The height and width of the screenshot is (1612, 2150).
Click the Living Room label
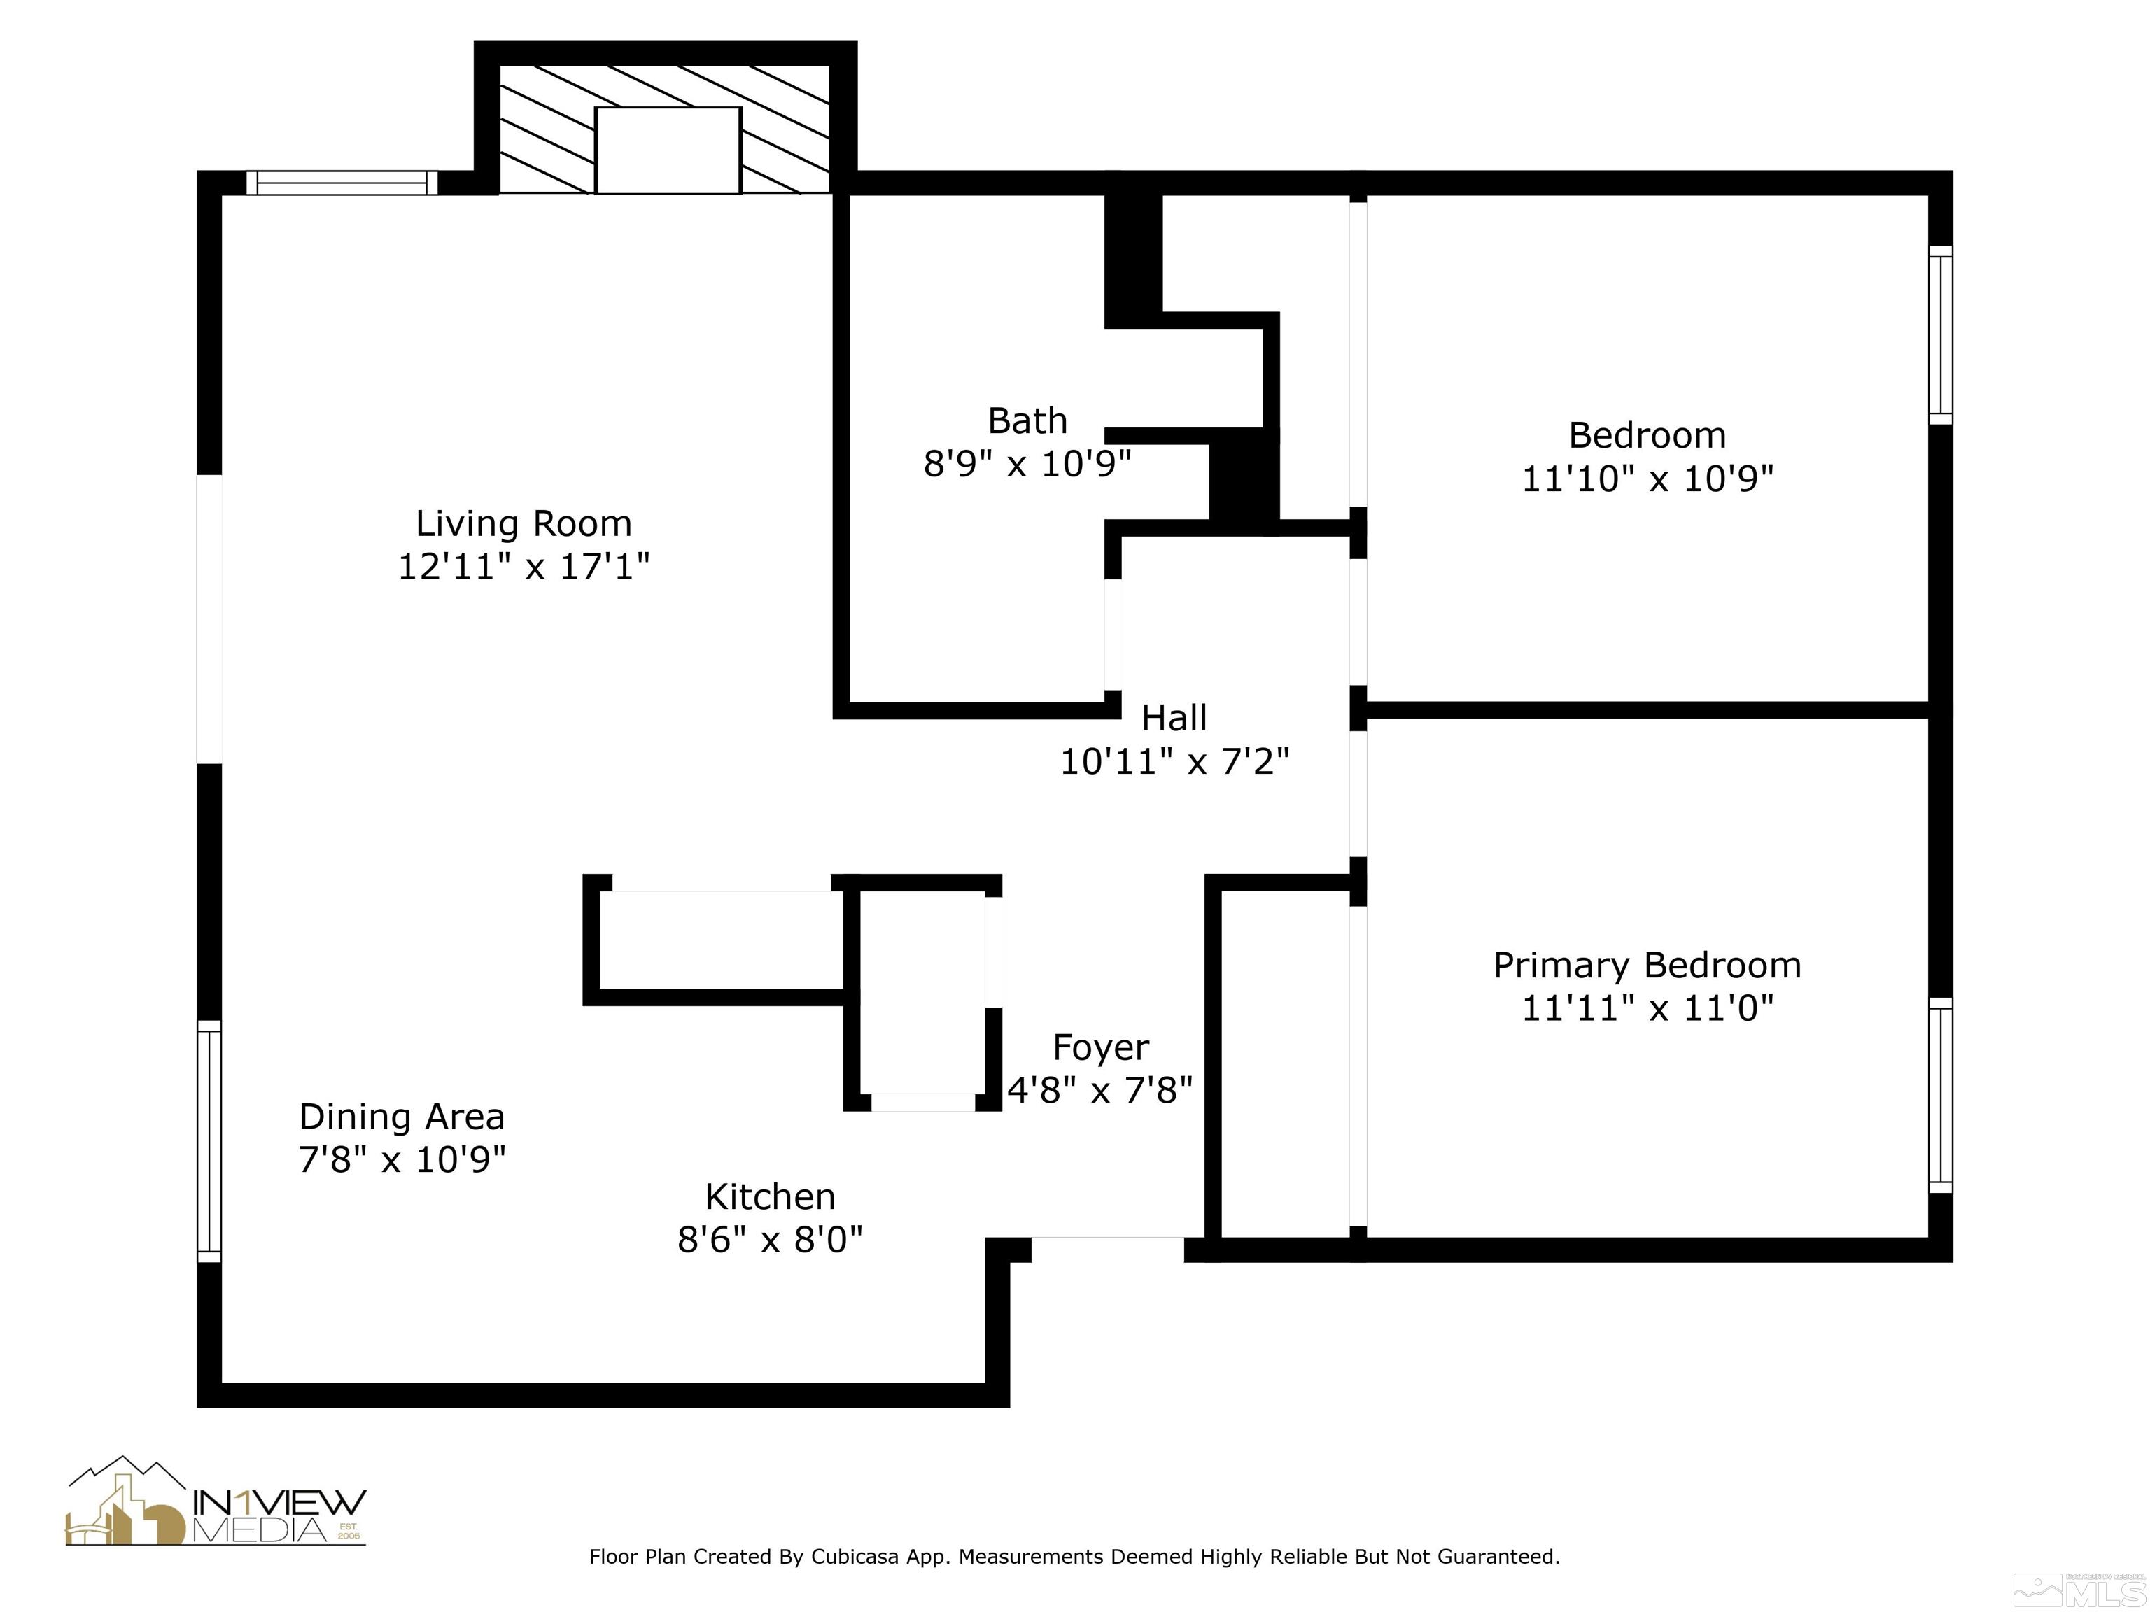tap(524, 524)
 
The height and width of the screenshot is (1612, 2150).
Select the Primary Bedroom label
tap(1647, 965)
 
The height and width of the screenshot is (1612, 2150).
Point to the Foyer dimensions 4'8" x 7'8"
tap(1099, 1090)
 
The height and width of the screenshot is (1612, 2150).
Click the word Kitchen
tap(770, 1196)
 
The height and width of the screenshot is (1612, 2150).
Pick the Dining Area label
tap(402, 1117)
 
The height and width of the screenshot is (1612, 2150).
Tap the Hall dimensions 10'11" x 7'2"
tap(1174, 761)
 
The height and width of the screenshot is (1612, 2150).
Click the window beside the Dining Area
tap(209, 1142)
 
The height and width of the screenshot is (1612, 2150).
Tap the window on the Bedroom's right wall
tap(1939, 335)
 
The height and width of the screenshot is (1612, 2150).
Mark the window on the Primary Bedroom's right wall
tap(1939, 1095)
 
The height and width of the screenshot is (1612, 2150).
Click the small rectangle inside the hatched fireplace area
tap(668, 150)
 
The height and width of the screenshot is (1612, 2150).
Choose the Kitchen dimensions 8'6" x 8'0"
tap(770, 1240)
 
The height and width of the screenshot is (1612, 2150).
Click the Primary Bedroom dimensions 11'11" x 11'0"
tap(1647, 1007)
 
